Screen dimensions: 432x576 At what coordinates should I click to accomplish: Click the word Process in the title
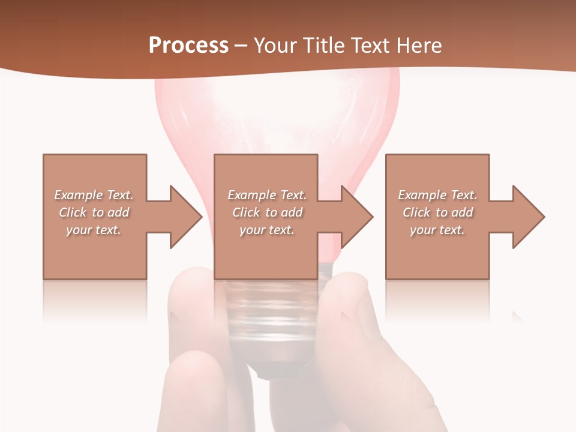click(x=188, y=46)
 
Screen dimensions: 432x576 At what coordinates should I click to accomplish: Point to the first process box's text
click(x=94, y=212)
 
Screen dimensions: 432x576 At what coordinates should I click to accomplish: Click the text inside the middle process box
click(x=267, y=212)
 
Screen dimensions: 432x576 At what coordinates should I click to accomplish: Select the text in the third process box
click(x=437, y=212)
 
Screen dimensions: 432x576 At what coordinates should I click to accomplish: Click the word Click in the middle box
click(x=245, y=212)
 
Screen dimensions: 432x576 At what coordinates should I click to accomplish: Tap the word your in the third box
click(x=423, y=230)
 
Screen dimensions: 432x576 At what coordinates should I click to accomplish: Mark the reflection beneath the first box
click(x=95, y=300)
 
